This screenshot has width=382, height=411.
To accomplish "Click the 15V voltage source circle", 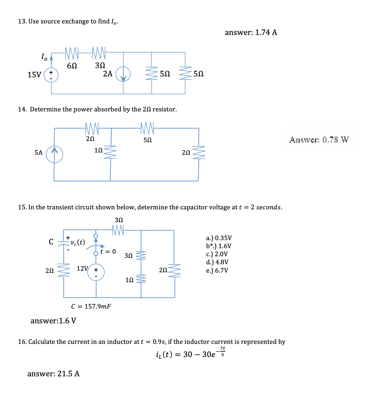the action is click(51, 75).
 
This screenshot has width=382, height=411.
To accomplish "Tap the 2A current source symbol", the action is click(123, 74).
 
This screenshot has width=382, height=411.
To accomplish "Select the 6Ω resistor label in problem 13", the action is click(72, 66).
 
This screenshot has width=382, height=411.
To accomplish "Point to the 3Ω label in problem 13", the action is click(100, 65).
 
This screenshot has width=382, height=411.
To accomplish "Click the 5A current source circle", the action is click(54, 154).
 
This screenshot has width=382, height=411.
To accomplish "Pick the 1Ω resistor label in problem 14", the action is click(98, 150).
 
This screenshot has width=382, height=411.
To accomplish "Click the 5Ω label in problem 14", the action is click(148, 140).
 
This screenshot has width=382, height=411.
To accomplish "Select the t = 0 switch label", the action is click(108, 251).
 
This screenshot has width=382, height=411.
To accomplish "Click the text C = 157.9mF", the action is click(91, 306).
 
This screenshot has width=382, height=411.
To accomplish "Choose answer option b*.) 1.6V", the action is click(219, 246).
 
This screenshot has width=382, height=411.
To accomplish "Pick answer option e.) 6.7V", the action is click(217, 270).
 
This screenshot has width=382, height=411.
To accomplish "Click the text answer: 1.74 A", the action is click(251, 32).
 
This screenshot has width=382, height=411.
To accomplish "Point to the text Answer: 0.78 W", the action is click(319, 140).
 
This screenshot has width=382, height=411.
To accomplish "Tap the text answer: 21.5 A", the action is click(53, 374).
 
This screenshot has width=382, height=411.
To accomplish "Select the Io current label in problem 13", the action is click(44, 57).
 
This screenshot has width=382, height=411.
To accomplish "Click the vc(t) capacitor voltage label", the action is click(77, 242).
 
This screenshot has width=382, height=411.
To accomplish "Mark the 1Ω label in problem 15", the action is click(129, 280).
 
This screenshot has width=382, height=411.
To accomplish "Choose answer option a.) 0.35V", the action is click(219, 238).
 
